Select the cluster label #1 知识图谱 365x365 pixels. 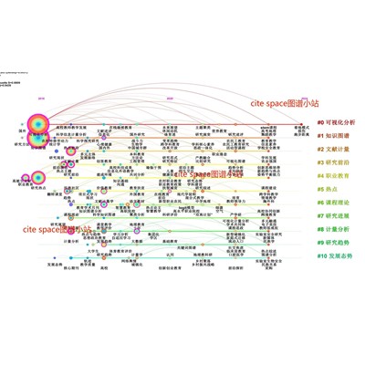[335, 135]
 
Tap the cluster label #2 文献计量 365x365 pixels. [335, 149]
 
